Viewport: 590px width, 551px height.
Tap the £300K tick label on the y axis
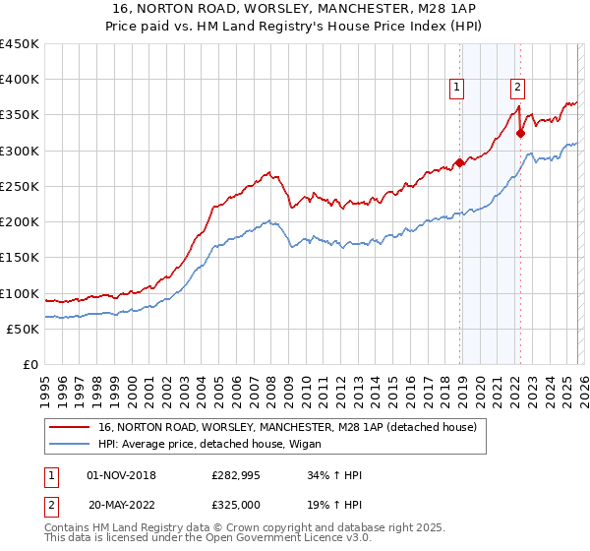point(20,151)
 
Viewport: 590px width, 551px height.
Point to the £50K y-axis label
point(24,329)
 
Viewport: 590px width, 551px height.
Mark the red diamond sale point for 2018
point(459,163)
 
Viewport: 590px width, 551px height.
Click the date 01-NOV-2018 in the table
point(122,475)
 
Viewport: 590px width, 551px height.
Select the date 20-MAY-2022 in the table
point(122,505)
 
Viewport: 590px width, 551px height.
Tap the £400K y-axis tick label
point(20,80)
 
